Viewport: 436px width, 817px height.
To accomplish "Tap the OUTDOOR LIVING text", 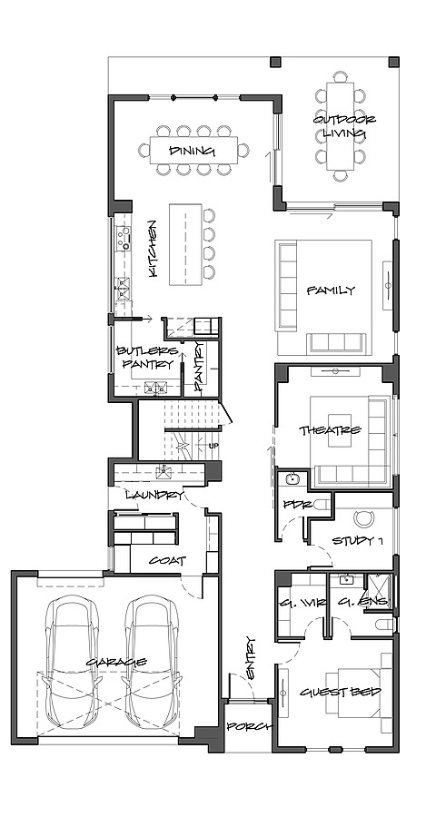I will tap(344, 127).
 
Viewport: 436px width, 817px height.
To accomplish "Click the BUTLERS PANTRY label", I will tap(145, 358).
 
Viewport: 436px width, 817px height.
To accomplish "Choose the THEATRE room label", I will tap(331, 429).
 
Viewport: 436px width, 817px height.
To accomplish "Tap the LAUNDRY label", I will tap(154, 495).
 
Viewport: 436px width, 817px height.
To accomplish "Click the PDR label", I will tap(292, 505).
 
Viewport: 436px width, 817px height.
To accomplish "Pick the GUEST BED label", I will tap(340, 693).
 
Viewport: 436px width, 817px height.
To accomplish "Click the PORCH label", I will tap(246, 726).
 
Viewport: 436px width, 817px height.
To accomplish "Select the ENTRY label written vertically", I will tap(250, 656).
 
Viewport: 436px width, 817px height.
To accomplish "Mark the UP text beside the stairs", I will tap(213, 446).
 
